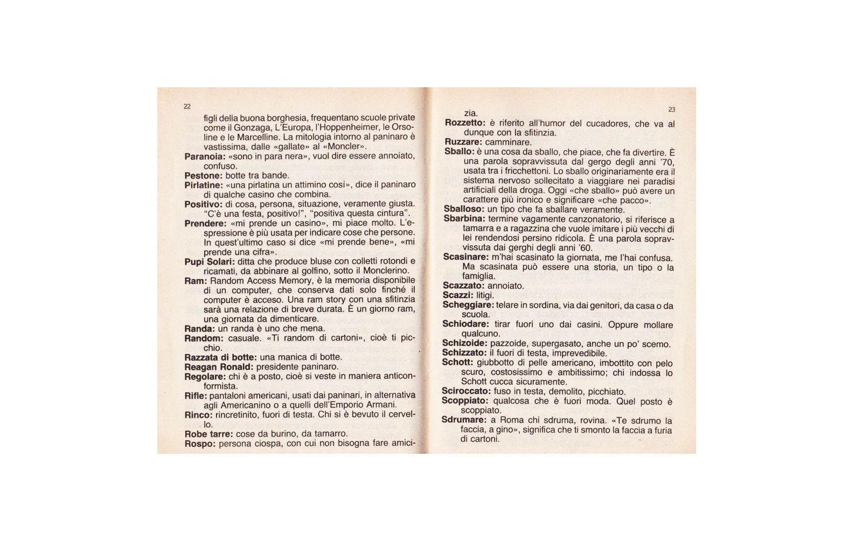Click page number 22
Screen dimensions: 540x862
coord(187,107)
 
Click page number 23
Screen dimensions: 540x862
coord(671,109)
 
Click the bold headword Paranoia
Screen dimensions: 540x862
coord(205,156)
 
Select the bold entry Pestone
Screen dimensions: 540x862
coord(203,176)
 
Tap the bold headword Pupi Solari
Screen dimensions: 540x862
coord(210,261)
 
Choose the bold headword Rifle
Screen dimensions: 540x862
coord(195,396)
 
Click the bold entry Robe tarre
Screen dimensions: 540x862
coord(208,434)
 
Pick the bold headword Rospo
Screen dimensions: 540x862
coord(199,444)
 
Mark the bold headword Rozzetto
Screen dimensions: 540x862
coord(465,123)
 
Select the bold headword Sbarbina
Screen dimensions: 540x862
coord(464,219)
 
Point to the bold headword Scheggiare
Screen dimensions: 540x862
coord(468,305)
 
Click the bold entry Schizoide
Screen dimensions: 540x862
coord(464,343)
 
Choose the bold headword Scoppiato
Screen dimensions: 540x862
coord(464,401)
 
